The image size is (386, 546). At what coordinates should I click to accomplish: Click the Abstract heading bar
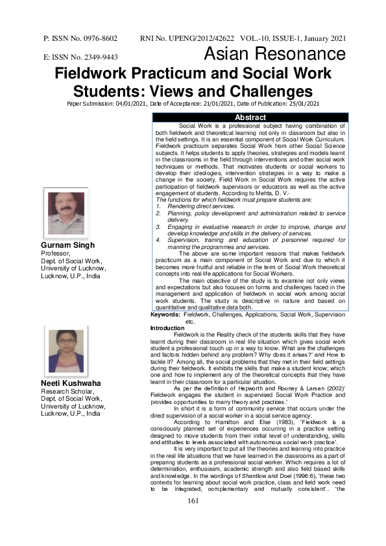(250, 117)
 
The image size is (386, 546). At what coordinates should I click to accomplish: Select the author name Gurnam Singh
(67, 245)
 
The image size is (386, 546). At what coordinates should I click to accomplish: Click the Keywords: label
(165, 314)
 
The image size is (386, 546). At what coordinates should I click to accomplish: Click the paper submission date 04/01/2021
(138, 103)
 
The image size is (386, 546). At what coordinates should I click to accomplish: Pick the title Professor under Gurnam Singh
(54, 254)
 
